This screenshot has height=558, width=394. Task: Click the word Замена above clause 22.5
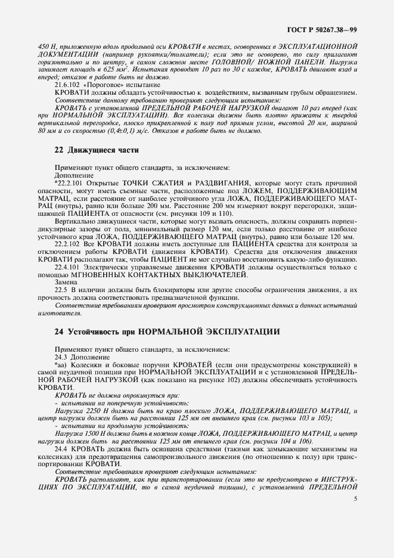point(66,281)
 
